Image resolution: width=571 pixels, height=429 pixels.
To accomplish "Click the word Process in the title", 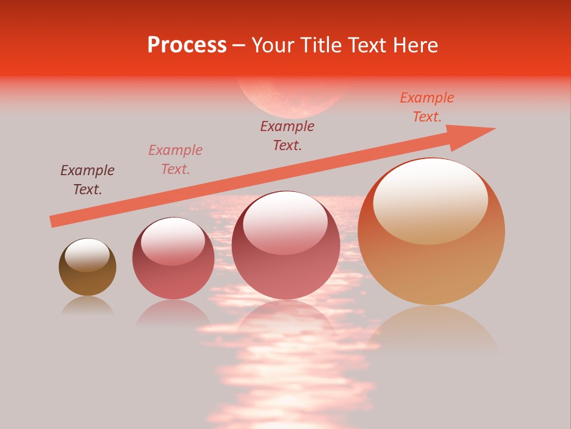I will [x=187, y=45].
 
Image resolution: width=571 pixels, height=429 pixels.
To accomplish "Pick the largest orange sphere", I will [x=431, y=262].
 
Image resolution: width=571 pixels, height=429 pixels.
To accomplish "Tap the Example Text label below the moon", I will [x=287, y=136].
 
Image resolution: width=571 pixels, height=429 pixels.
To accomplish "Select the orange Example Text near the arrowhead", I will [x=427, y=107].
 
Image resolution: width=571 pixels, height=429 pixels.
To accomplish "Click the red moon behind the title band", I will [x=291, y=98].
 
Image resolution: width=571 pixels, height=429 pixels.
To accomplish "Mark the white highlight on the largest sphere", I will [x=430, y=200].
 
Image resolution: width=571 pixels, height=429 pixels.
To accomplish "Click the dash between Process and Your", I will [x=239, y=45].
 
